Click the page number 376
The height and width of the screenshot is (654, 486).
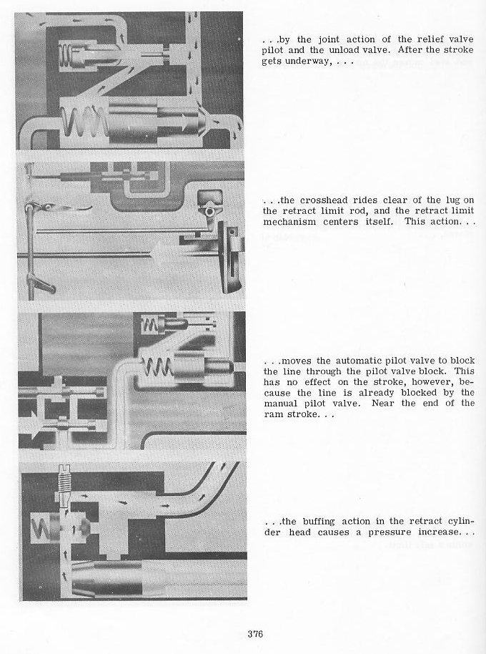point(256,633)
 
